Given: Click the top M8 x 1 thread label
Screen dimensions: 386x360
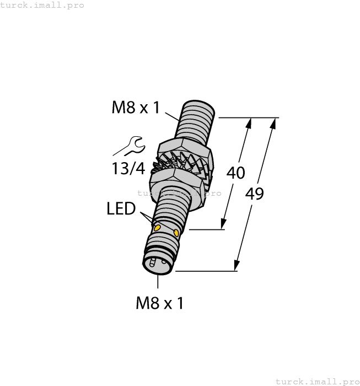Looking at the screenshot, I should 136,107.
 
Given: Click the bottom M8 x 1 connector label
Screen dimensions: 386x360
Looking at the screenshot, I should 159,302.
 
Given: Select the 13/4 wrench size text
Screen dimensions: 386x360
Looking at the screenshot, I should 128,168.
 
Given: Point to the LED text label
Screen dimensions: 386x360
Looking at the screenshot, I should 121,209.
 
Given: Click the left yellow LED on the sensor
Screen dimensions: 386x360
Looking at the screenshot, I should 157,228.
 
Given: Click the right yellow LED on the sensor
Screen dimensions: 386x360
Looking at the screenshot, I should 176,233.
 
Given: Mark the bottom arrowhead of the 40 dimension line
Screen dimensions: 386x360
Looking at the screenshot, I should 223,224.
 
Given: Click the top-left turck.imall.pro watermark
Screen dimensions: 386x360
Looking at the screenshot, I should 42,5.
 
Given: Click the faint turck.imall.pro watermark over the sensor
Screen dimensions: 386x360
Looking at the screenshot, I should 179,193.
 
